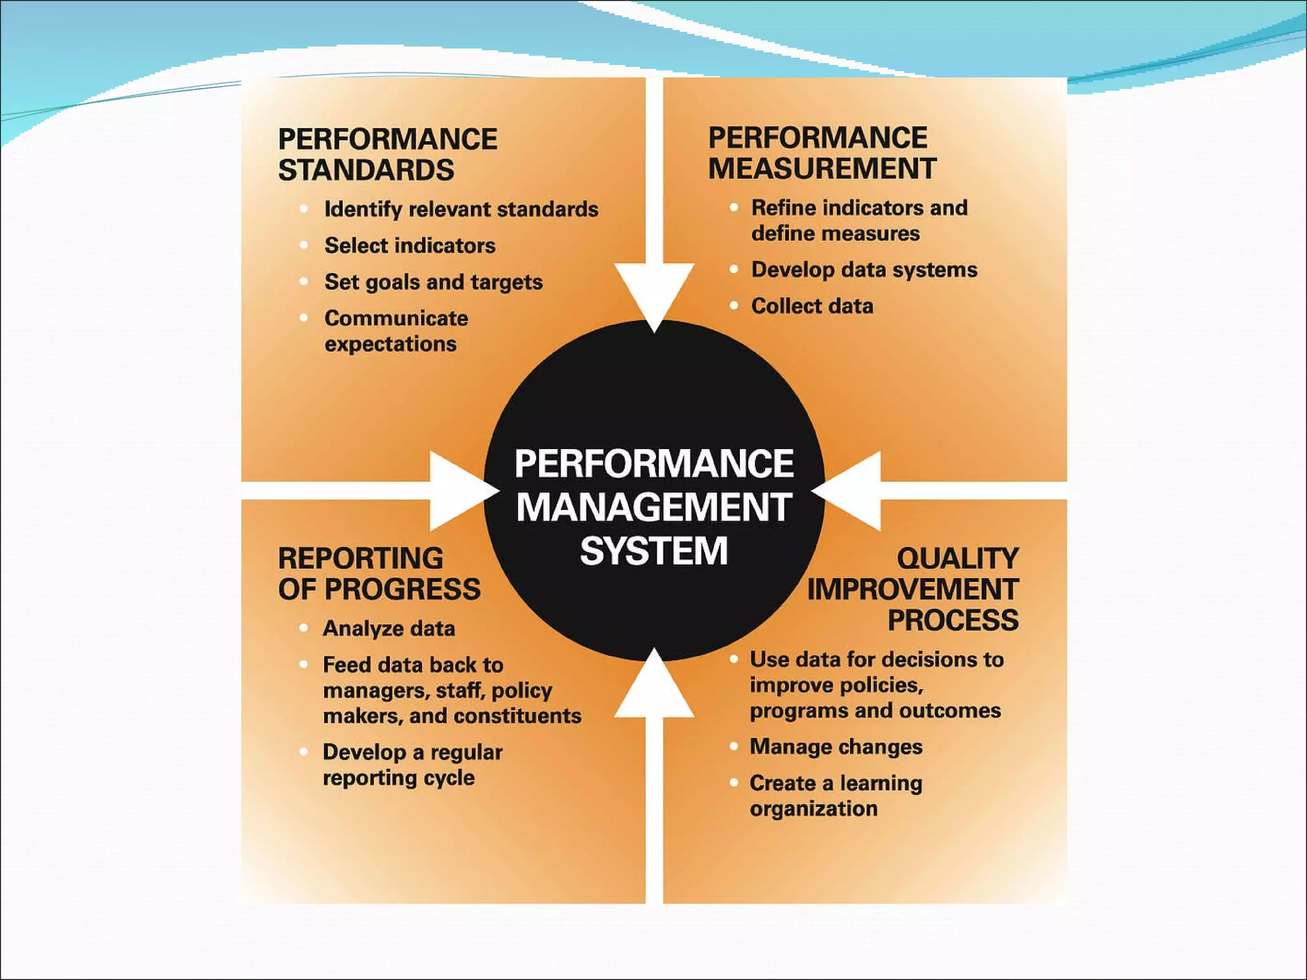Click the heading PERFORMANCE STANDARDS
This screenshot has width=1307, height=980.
pyautogui.click(x=387, y=154)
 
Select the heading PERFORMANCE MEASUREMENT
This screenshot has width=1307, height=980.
pyautogui.click(x=822, y=153)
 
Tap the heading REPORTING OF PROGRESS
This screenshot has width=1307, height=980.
pyautogui.click(x=379, y=574)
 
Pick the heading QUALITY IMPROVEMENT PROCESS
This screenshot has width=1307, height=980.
pyautogui.click(x=913, y=589)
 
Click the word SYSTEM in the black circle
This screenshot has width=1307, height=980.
pyautogui.click(x=653, y=551)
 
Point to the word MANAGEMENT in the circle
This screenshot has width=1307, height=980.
pyautogui.click(x=653, y=507)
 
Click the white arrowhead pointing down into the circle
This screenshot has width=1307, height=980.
pyautogui.click(x=654, y=293)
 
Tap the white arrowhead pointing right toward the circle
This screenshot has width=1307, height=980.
pyautogui.click(x=459, y=491)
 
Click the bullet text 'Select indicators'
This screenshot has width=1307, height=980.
pyautogui.click(x=410, y=246)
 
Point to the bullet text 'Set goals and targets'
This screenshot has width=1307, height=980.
pyautogui.click(x=433, y=282)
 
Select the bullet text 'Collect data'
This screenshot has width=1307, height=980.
pyautogui.click(x=812, y=306)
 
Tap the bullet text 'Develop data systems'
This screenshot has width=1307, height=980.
pyautogui.click(x=864, y=270)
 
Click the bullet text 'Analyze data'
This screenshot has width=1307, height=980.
pyautogui.click(x=389, y=628)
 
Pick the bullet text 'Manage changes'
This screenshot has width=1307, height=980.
pyautogui.click(x=836, y=746)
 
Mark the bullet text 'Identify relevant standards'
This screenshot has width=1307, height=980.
pyautogui.click(x=461, y=209)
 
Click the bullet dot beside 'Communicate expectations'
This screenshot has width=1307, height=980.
pyautogui.click(x=304, y=318)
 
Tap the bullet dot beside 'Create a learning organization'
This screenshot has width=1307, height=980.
pyautogui.click(x=734, y=782)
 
